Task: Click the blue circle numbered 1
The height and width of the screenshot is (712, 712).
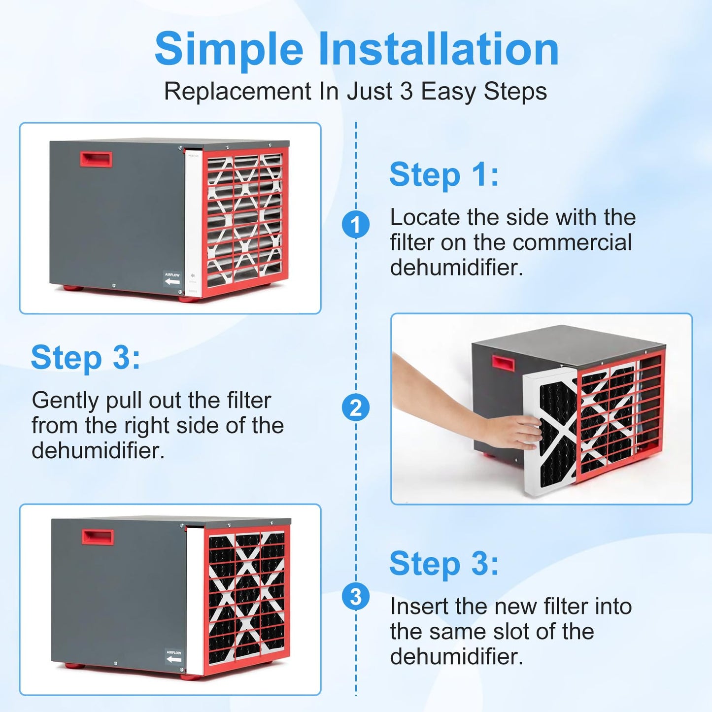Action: click(356, 225)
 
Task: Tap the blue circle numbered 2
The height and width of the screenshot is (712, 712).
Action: click(356, 408)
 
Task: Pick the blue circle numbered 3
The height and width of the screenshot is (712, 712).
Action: click(356, 597)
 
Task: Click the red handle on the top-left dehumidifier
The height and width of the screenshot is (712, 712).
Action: click(96, 159)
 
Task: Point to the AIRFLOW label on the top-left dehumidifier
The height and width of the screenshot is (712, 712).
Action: click(172, 278)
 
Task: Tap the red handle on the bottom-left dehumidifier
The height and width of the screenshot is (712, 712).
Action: click(98, 537)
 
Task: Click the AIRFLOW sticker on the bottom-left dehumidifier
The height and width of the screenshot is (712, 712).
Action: click(174, 656)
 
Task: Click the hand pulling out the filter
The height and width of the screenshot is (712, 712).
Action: click(512, 431)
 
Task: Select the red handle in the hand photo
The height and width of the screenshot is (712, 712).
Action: click(503, 364)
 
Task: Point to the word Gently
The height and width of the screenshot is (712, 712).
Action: click(65, 401)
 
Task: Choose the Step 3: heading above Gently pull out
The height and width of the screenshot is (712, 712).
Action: click(85, 358)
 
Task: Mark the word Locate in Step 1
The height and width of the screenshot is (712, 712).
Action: click(425, 217)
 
